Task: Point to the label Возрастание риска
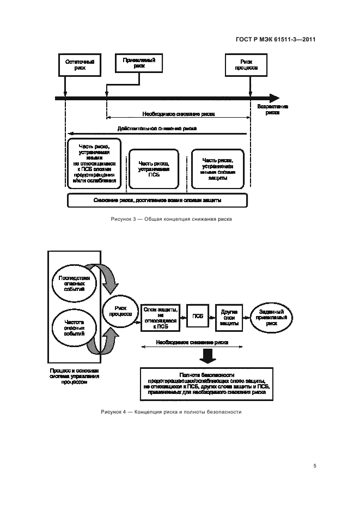273,110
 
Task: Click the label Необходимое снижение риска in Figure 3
179,115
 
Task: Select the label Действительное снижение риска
157,129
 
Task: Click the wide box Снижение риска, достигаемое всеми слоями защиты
157,200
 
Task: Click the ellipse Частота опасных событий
74,329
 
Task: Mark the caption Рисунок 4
171,412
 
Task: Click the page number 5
315,466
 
